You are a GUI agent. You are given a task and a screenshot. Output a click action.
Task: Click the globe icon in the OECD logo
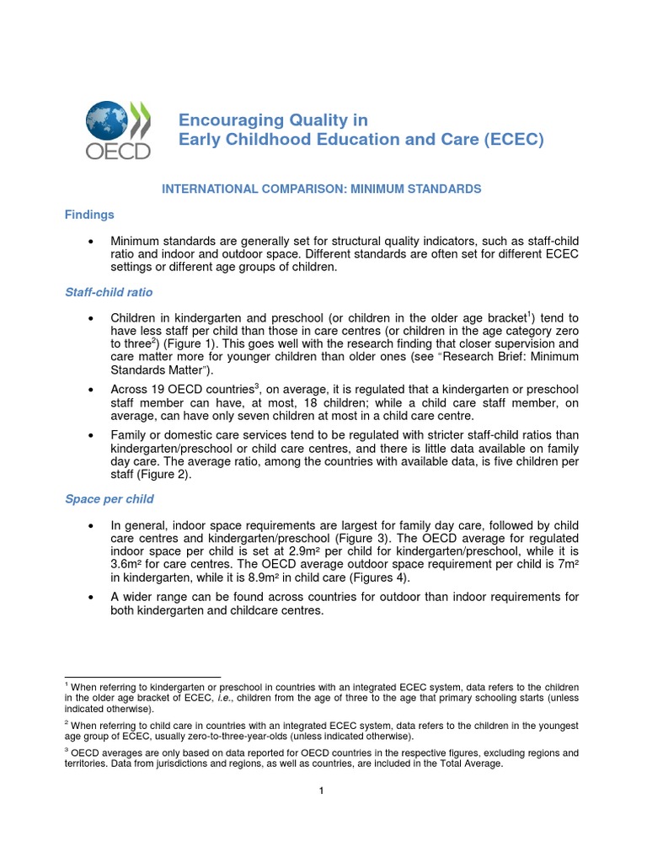[x=107, y=121]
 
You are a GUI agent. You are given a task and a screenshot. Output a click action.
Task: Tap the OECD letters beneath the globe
[x=117, y=151]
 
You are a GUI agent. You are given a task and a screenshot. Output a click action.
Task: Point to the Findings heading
[x=89, y=215]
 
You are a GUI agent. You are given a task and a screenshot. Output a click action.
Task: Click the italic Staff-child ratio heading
[x=109, y=292]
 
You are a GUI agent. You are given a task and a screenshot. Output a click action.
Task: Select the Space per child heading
[x=109, y=498]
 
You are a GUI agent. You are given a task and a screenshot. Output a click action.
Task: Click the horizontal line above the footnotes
[x=142, y=676]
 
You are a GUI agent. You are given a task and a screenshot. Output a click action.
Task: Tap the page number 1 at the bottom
[x=323, y=790]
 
